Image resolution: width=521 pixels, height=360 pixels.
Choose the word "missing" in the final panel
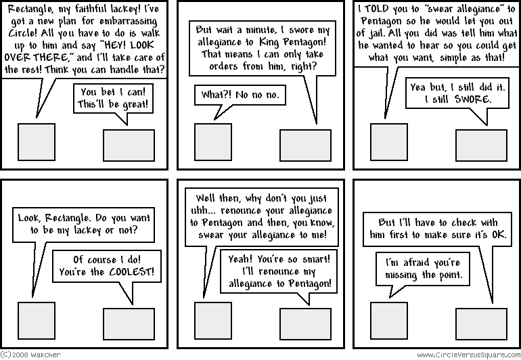(407, 275)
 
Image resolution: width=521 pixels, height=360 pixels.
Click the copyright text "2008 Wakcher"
(29, 354)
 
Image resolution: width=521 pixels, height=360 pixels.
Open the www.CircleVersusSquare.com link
(468, 354)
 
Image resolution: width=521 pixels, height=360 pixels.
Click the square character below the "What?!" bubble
(213, 141)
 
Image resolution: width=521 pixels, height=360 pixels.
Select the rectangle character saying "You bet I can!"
(129, 145)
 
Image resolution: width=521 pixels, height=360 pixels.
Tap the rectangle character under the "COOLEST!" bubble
(129, 323)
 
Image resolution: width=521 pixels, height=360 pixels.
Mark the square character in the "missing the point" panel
(390, 320)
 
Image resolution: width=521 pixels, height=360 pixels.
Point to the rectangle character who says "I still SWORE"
(482, 145)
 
